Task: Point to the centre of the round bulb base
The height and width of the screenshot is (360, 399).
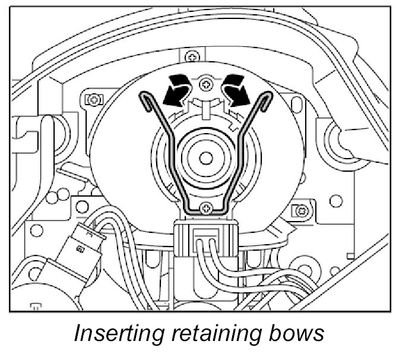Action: tap(205, 158)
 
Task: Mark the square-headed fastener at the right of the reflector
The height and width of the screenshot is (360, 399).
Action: tap(303, 210)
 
